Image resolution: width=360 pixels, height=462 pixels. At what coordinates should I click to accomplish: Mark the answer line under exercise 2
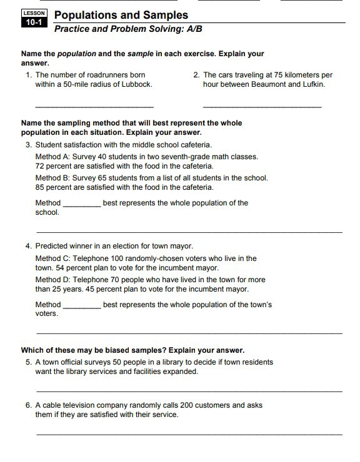click(262, 108)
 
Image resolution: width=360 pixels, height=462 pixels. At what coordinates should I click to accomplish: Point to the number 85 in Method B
click(41, 187)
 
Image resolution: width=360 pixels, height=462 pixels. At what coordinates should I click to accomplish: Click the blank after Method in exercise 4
click(82, 306)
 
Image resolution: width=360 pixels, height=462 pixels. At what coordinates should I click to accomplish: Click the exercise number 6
click(28, 405)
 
